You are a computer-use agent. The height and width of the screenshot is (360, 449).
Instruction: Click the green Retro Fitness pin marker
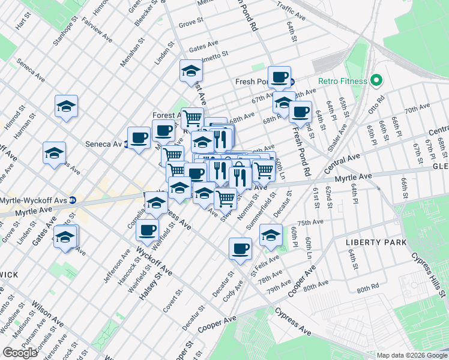[x=376, y=80]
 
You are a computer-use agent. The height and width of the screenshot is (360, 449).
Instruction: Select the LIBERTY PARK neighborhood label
[x=376, y=242]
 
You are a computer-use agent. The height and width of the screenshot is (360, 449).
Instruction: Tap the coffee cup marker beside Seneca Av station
[x=139, y=139]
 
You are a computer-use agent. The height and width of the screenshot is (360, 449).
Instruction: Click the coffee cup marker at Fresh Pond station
[x=279, y=77]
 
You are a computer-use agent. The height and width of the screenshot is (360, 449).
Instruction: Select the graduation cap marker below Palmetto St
[x=191, y=71]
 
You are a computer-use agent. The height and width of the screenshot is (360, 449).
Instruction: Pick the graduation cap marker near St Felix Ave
[x=271, y=234]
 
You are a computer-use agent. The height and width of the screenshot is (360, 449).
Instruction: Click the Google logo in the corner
[x=20, y=353]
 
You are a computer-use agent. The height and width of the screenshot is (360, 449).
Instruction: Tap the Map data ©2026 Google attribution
[x=411, y=355]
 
